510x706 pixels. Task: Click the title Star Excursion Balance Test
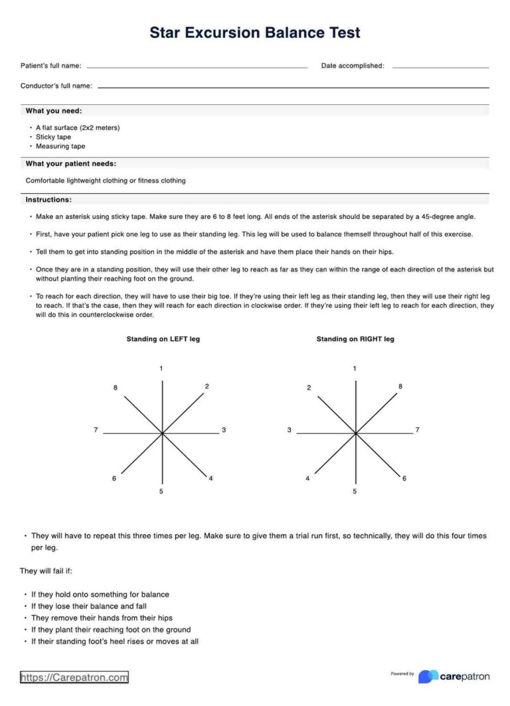(255, 33)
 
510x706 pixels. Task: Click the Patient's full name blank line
(197, 67)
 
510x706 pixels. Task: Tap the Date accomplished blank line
(440, 67)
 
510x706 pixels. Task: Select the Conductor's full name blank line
(293, 87)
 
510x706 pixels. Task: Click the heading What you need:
(54, 111)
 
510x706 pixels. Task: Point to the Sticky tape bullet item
(53, 137)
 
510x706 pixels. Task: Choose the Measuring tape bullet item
(60, 146)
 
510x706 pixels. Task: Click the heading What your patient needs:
(70, 163)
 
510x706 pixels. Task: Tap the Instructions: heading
(48, 200)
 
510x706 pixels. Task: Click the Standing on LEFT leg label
(163, 339)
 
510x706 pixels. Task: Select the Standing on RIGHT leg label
(355, 339)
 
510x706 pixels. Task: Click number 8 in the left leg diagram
(116, 388)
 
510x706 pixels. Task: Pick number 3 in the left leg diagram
(224, 431)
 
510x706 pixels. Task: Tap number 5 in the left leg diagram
(161, 492)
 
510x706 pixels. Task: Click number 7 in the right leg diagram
(417, 431)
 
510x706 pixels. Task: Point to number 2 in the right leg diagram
(309, 388)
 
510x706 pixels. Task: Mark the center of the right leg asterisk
(356, 433)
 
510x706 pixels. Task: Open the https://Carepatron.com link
(74, 677)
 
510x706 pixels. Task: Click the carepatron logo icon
(428, 676)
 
